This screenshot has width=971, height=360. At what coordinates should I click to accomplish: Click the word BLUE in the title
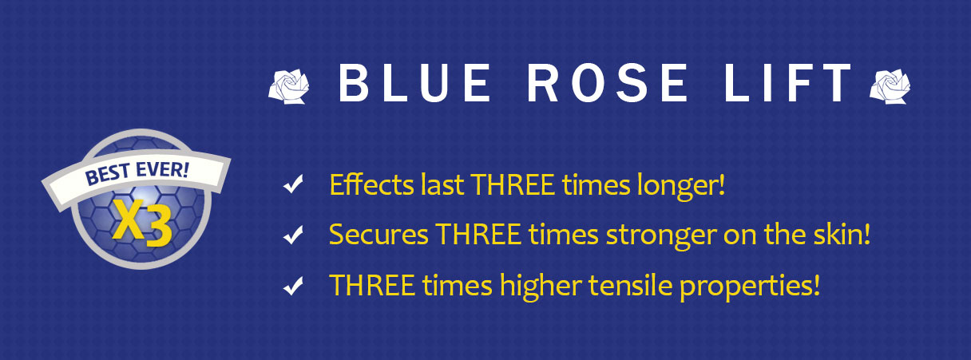click(x=414, y=82)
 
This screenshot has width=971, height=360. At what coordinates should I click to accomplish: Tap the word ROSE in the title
click(x=608, y=82)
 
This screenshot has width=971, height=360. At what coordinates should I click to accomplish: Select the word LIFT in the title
click(x=787, y=82)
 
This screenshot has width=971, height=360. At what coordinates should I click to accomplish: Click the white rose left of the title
click(x=289, y=86)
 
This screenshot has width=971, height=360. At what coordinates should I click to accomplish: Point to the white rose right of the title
click(x=890, y=86)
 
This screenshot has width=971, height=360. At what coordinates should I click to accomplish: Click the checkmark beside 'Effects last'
click(x=293, y=184)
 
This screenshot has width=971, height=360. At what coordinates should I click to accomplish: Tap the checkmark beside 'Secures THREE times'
click(x=293, y=235)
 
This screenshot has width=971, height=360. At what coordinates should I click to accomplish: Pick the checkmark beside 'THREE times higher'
click(x=293, y=286)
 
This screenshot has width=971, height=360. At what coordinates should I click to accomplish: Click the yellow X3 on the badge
click(x=143, y=224)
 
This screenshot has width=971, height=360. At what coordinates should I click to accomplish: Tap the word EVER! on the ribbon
click(x=162, y=169)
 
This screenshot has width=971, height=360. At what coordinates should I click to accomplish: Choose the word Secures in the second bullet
click(x=378, y=235)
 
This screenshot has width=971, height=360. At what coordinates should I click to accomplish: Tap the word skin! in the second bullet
click(x=841, y=235)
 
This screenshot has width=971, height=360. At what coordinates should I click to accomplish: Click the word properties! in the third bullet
click(x=750, y=287)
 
